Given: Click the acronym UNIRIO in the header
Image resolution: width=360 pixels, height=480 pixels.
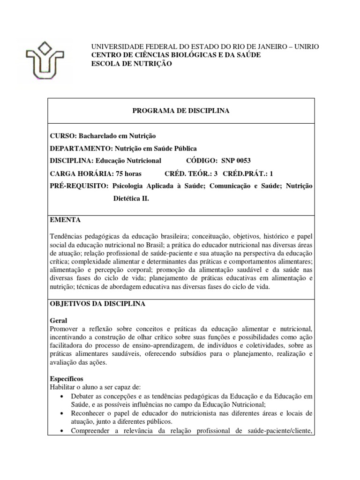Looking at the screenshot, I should point(305,47).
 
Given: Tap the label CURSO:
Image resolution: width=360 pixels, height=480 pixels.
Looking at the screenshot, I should point(63,135).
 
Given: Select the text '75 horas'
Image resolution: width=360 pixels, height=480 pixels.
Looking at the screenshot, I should point(127,173).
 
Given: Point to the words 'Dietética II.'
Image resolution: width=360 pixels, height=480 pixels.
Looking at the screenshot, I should point(131,199).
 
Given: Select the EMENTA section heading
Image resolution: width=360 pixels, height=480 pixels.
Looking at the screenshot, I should point(65,219).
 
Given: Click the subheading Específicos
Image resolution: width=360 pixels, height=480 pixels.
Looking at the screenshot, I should point(67,378).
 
